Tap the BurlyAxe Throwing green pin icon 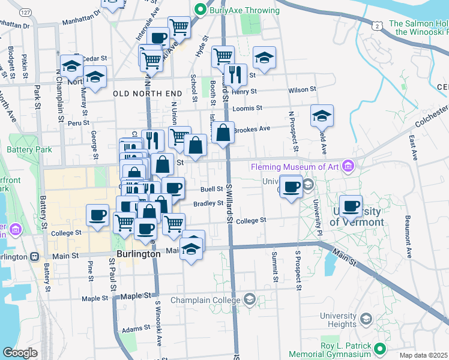coord(200,10)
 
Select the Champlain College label coord(205,299)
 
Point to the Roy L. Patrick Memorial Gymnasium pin coord(379,348)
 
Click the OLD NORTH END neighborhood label coord(147,94)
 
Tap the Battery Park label coord(24,149)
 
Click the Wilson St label coord(302,89)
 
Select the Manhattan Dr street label coord(15,25)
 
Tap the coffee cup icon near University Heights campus coord(351,207)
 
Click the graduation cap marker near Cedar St coord(71,66)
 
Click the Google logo coord(20,353)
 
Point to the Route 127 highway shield coord(25,12)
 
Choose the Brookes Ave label coord(252,129)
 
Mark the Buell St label coord(211,188)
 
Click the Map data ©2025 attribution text coord(424,355)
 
